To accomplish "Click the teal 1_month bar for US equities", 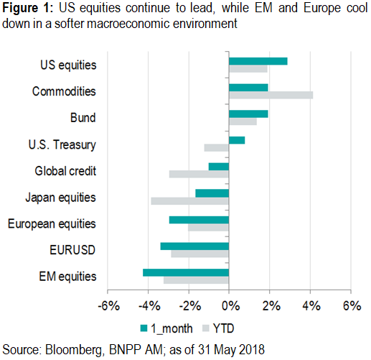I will click(258, 61).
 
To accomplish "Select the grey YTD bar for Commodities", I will click(271, 95).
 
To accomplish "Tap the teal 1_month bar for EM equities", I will click(186, 272).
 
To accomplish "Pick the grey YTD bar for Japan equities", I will click(189, 200).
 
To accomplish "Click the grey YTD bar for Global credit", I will click(199, 174).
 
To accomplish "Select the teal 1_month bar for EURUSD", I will click(194, 246).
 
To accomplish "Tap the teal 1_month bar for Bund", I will click(248, 114).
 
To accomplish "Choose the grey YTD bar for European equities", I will click(208, 227).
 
